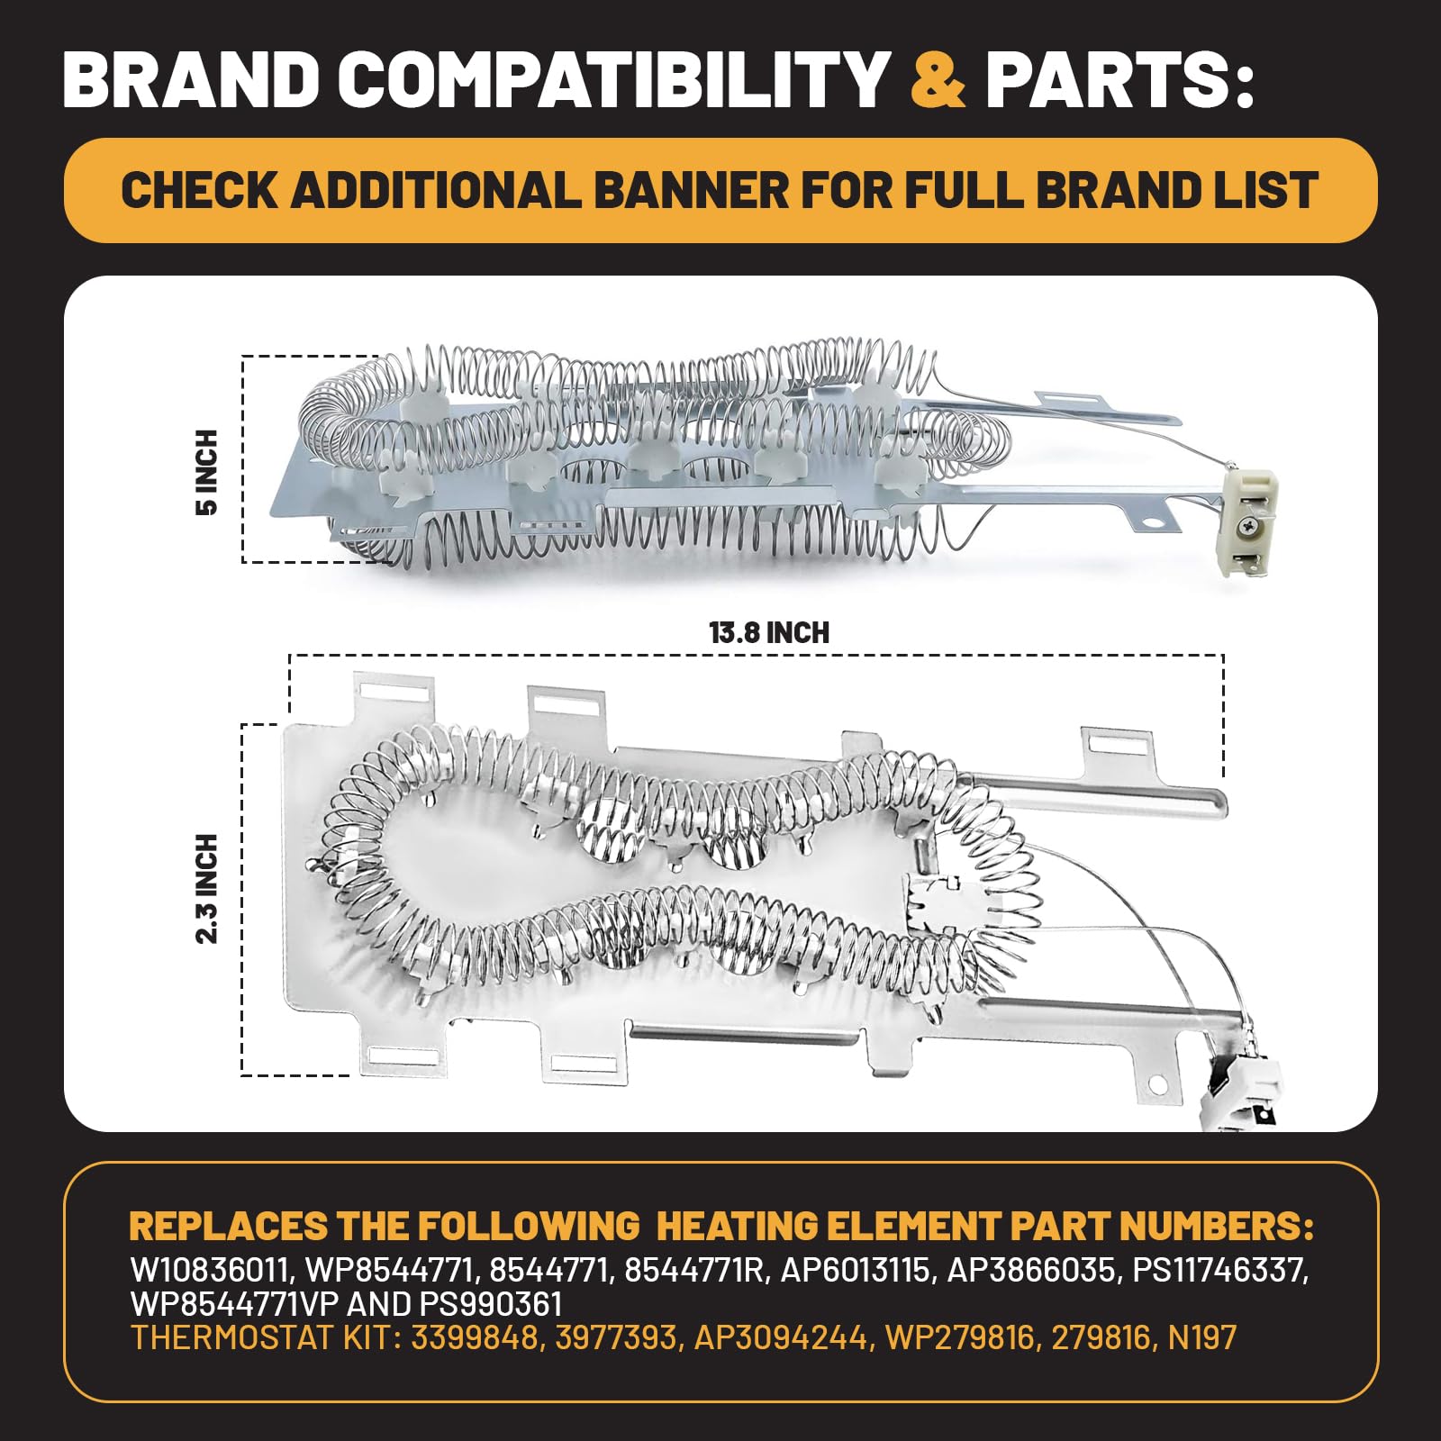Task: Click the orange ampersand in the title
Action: click(x=938, y=79)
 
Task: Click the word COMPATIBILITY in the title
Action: click(x=614, y=79)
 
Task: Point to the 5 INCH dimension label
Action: click(x=207, y=472)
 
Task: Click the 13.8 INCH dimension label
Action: click(x=769, y=632)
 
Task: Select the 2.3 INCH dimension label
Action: click(x=207, y=888)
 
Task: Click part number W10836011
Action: click(x=212, y=1270)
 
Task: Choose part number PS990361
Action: click(x=491, y=1304)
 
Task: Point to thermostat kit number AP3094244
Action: click(x=782, y=1337)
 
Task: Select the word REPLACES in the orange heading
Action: click(x=229, y=1227)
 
